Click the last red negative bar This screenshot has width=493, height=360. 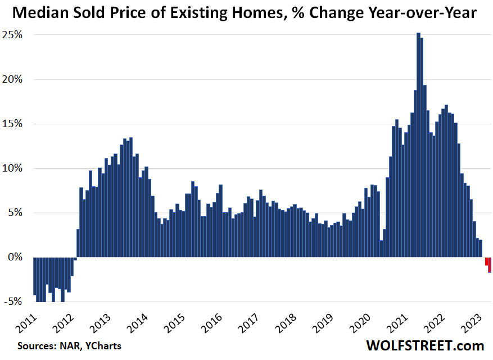[490, 264]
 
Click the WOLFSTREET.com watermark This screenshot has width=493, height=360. [425, 345]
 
